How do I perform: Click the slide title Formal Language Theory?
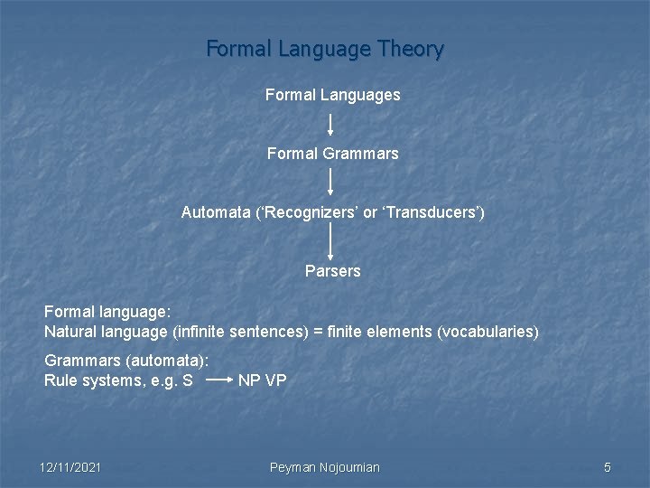pos(325,49)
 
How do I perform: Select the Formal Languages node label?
pos(332,95)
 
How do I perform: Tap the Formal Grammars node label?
pos(332,154)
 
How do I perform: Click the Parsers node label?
pos(332,271)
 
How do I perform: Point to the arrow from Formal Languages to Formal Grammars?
pos(330,125)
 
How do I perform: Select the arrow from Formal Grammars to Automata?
pos(330,182)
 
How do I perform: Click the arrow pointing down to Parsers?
pos(330,241)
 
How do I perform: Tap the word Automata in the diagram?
pos(213,213)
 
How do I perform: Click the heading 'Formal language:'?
pos(107,312)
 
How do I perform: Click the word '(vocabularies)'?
pos(487,332)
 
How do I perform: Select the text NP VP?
pos(262,380)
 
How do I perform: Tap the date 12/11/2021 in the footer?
pos(70,467)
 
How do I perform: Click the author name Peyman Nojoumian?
pos(325,467)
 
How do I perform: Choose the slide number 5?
pos(608,467)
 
